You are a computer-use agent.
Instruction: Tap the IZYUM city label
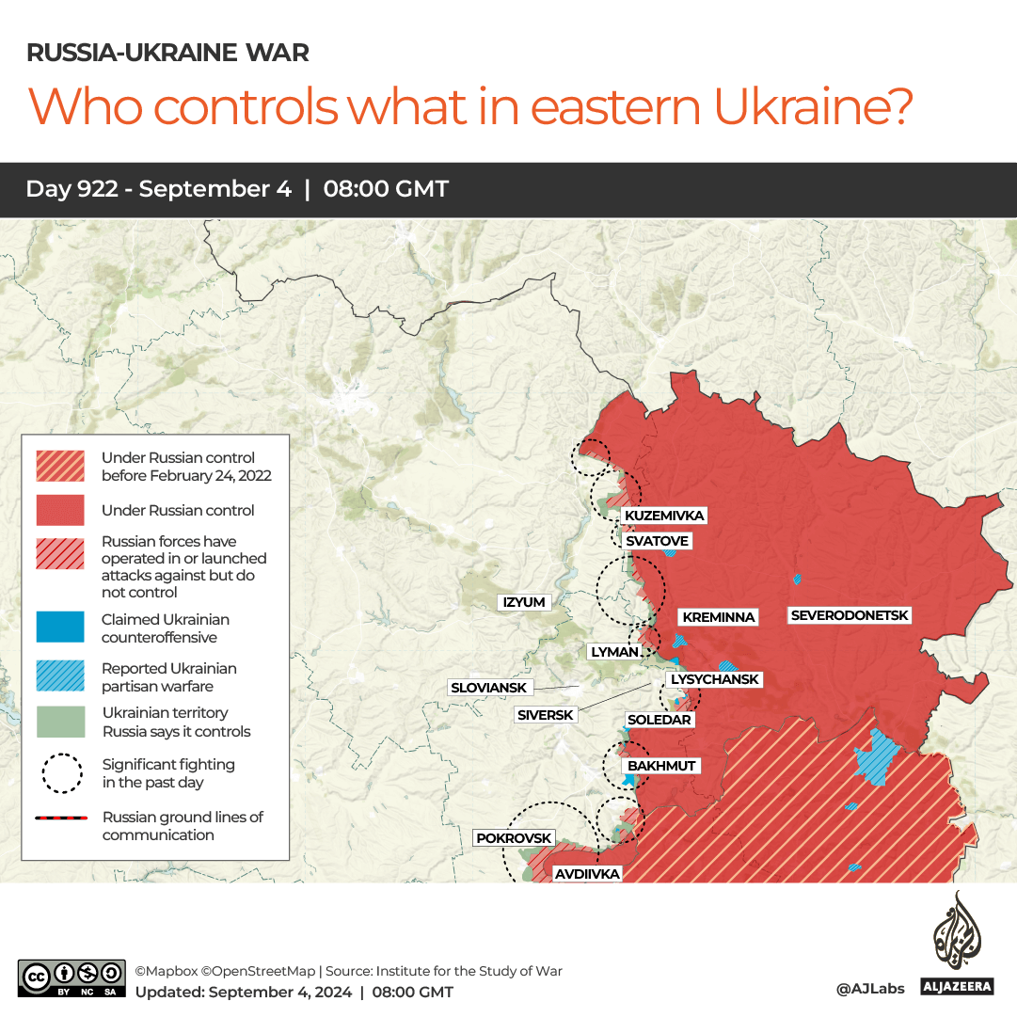click(524, 602)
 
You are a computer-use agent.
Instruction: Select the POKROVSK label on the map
click(514, 837)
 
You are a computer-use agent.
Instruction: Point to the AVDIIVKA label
click(587, 874)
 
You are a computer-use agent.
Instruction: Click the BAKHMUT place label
click(661, 766)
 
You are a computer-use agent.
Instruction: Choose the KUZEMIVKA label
click(664, 516)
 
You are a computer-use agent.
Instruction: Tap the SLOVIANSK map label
click(489, 688)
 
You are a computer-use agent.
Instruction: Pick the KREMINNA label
click(719, 617)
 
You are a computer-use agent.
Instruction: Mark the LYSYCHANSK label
click(714, 679)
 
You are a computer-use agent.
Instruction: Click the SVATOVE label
click(658, 541)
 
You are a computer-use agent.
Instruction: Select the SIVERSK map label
click(545, 715)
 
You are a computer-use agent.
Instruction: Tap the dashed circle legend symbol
click(60, 773)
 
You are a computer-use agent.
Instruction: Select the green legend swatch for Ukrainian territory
click(60, 722)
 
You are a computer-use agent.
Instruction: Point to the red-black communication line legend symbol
click(60, 818)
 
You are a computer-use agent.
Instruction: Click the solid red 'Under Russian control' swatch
click(60, 510)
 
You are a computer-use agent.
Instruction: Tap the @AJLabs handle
click(869, 988)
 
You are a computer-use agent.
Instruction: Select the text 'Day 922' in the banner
click(72, 189)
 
